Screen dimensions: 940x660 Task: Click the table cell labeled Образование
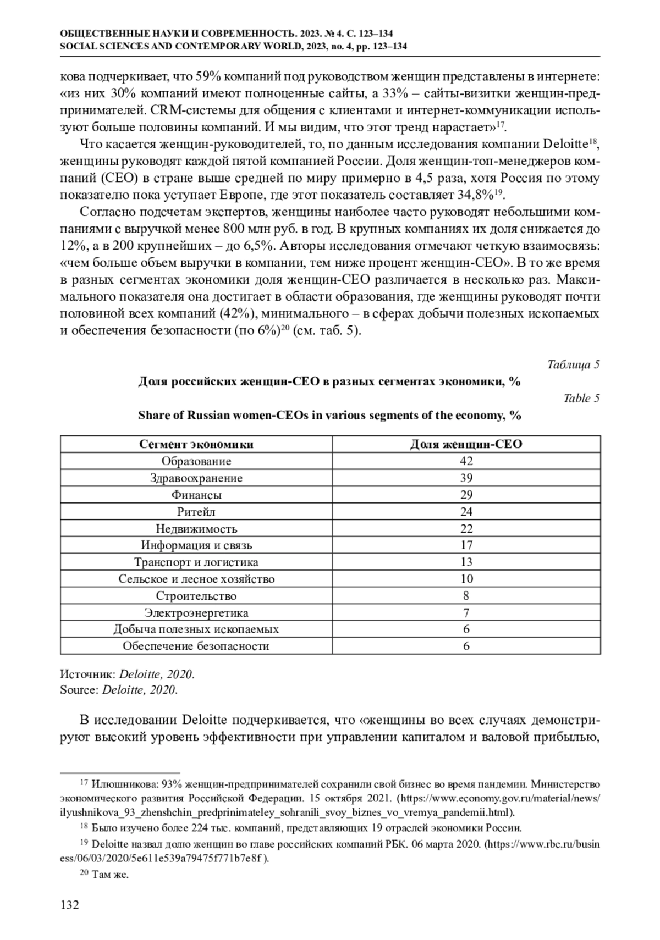click(x=196, y=461)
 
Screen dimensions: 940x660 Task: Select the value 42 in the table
click(x=466, y=461)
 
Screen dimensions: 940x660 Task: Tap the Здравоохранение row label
click(x=196, y=478)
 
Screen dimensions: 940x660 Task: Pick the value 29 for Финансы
click(x=466, y=495)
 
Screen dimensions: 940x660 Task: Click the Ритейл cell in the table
click(x=196, y=512)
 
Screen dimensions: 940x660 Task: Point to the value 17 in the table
click(x=466, y=545)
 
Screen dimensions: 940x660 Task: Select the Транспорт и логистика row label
click(x=196, y=562)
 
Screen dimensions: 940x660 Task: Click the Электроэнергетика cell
click(x=196, y=613)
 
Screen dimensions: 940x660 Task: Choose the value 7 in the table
click(x=466, y=613)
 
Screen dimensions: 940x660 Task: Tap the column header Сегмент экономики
click(x=196, y=444)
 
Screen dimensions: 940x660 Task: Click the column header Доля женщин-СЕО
click(x=466, y=444)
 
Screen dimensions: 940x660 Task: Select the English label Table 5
click(x=581, y=398)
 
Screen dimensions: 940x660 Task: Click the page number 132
click(x=70, y=905)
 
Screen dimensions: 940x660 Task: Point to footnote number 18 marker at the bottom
click(x=84, y=826)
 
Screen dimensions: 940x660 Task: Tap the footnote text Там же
click(x=110, y=875)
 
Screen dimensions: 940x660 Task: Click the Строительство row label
click(x=196, y=596)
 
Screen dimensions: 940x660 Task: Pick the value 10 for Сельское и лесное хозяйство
click(x=466, y=579)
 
